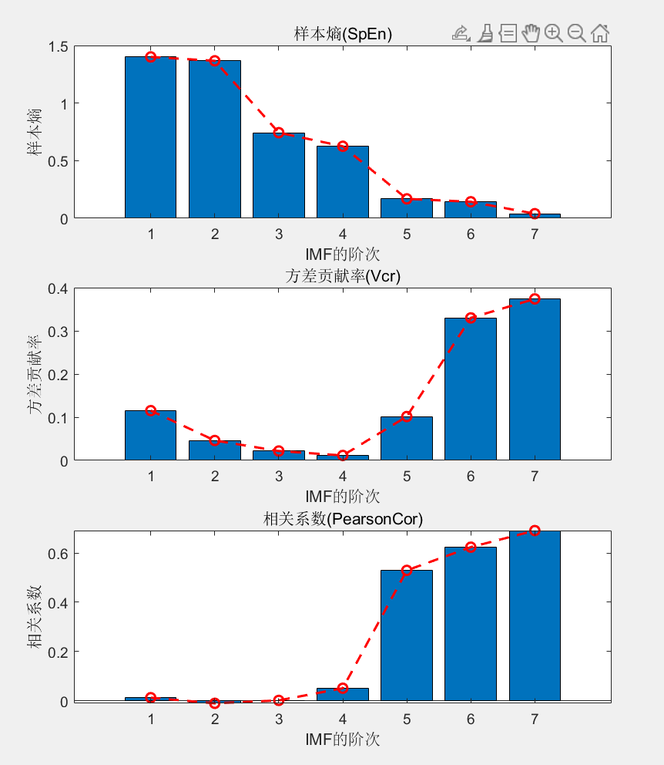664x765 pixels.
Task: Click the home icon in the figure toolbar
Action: (x=600, y=32)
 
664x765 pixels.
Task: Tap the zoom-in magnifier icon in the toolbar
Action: (x=553, y=32)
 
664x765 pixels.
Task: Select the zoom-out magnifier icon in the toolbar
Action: (x=576, y=32)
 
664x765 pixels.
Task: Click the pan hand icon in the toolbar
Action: (x=530, y=32)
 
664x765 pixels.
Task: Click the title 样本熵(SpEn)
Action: (x=343, y=34)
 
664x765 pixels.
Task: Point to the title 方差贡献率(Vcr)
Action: (x=343, y=277)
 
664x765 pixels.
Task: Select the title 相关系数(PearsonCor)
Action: (x=343, y=520)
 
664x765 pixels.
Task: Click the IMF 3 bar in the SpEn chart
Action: (x=279, y=176)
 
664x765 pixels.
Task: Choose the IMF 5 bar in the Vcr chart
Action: (x=407, y=439)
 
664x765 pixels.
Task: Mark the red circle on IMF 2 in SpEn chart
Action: (x=215, y=60)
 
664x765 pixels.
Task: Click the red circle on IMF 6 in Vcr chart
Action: (x=471, y=318)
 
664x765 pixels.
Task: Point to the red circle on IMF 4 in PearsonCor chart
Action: (x=343, y=688)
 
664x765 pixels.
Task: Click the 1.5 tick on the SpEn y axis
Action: (x=59, y=47)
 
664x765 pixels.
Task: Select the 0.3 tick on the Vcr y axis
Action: (x=59, y=332)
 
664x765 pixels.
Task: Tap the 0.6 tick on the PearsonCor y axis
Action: (x=59, y=554)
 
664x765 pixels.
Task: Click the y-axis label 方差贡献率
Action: (x=35, y=374)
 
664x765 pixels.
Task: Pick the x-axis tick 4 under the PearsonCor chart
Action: (x=343, y=719)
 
